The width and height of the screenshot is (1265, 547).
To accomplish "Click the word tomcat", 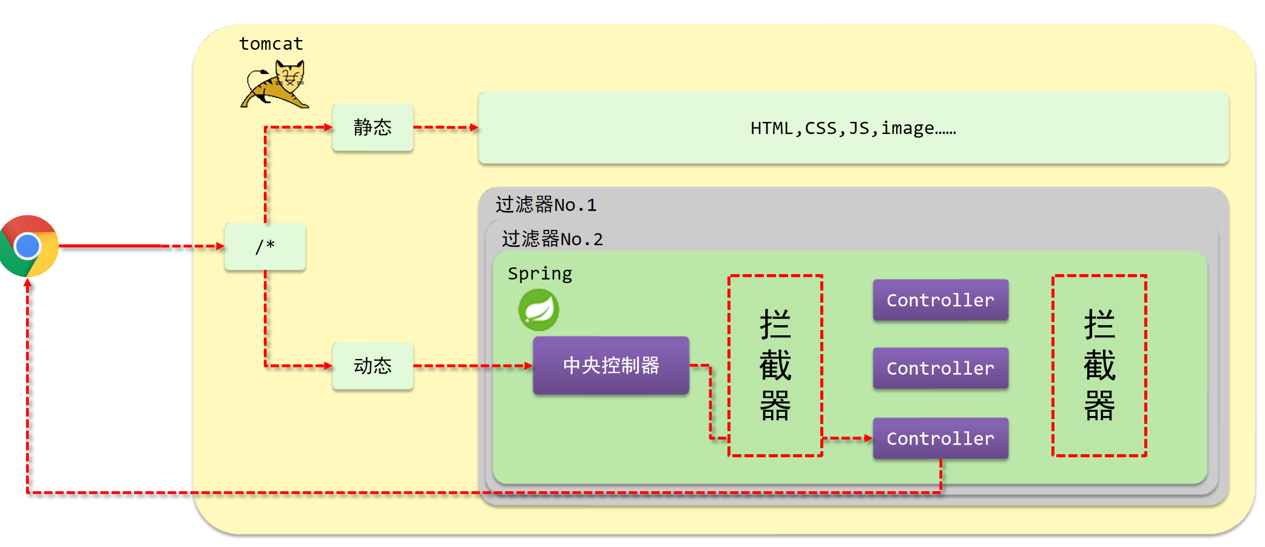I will point(271,44).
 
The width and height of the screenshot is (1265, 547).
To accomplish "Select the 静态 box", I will point(373,127).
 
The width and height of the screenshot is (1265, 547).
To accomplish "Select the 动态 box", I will point(373,366).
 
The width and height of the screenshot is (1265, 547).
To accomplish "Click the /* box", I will point(265,246).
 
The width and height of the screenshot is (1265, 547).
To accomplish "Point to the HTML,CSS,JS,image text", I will point(852,128).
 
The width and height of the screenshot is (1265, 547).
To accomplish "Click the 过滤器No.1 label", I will point(545,205).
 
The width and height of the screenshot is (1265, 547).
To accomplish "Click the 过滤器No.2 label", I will point(552,239).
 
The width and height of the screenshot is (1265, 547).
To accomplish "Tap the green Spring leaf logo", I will point(539,310).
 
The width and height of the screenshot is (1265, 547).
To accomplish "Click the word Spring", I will point(539,273).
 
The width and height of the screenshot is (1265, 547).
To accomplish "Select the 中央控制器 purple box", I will point(610,366).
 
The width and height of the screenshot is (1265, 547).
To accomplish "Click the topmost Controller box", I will point(940,300).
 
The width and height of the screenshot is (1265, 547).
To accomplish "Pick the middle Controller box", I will point(940,368).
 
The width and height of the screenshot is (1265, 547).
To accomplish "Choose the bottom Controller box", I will point(940,438).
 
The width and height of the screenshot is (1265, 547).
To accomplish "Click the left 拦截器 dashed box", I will point(775,365).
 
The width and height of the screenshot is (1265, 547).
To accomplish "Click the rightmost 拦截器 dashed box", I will point(1099,365).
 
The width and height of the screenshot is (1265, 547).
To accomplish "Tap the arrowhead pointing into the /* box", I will point(220,246).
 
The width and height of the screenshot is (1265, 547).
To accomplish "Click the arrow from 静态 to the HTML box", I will point(446,127).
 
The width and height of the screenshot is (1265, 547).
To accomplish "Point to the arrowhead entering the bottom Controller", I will point(868,438).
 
